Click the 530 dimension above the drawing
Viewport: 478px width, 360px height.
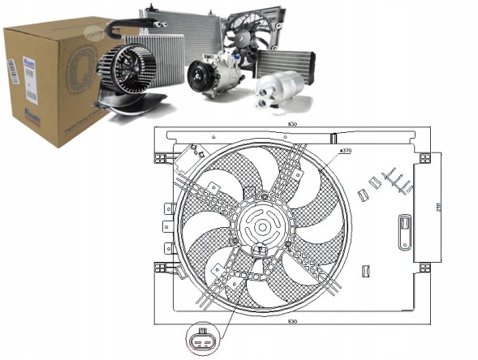tap(291, 124)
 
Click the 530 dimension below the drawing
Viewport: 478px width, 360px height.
tap(291, 322)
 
